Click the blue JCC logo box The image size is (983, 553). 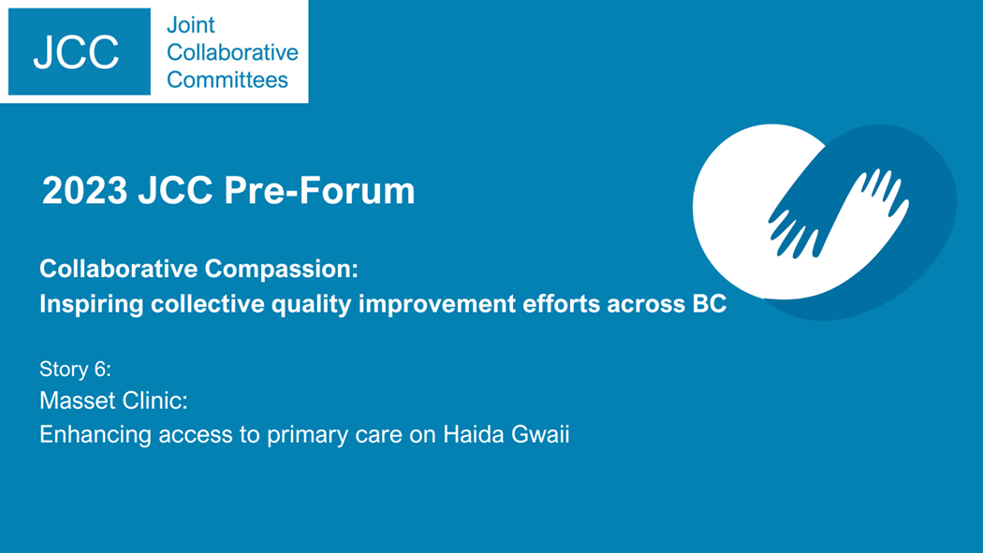(79, 51)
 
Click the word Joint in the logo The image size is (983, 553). (191, 25)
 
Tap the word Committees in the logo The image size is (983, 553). (227, 80)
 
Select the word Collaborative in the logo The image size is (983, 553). (232, 52)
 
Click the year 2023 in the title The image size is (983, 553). (84, 190)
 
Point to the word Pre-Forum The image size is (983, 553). (320, 190)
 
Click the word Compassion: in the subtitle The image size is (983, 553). (282, 269)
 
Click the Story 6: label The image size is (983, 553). (75, 369)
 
